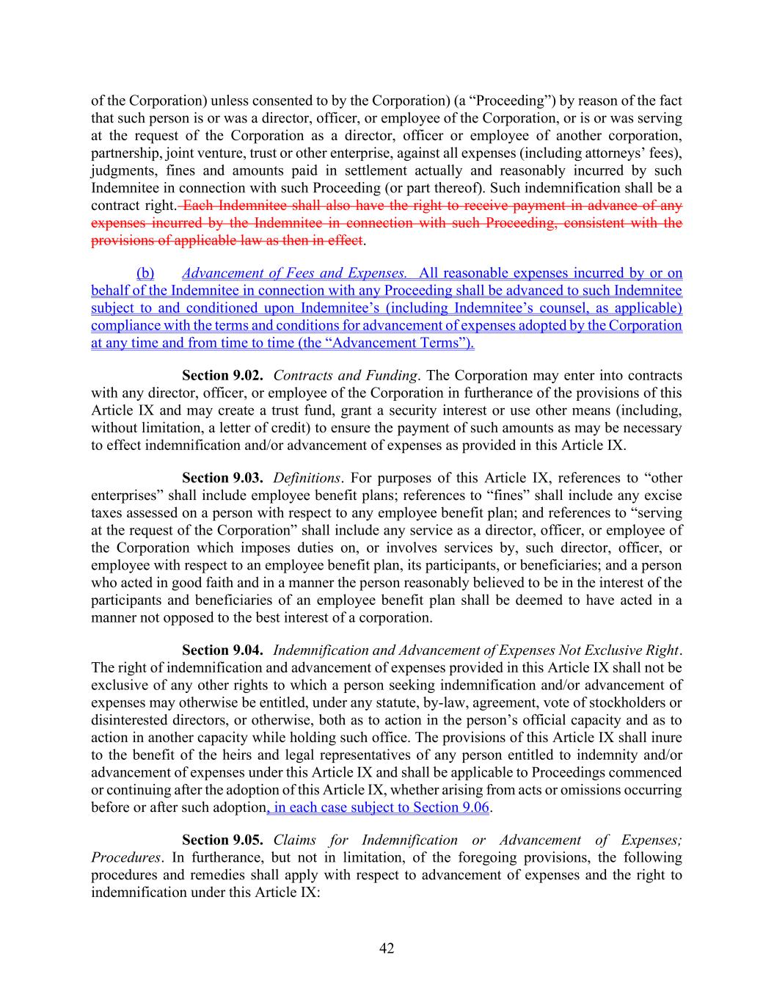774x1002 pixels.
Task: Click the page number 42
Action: [x=387, y=948]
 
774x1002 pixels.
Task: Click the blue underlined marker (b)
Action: [x=145, y=274]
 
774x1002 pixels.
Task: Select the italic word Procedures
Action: [x=125, y=857]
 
